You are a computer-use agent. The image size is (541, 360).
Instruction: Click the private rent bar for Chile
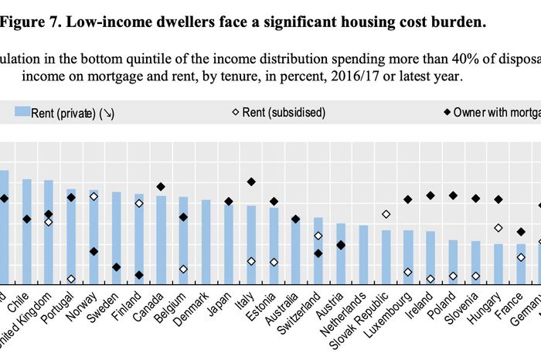[x=26, y=231]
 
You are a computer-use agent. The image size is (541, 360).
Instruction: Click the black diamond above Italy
[x=251, y=182]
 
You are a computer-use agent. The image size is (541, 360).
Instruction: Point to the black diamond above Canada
[x=161, y=187]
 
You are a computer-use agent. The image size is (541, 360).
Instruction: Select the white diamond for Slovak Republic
[x=386, y=214]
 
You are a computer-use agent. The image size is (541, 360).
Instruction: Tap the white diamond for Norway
[x=94, y=196]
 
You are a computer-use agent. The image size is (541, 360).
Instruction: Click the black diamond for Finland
[x=139, y=275]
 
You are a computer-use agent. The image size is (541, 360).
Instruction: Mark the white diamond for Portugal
[x=71, y=279]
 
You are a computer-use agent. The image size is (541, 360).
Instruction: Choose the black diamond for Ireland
[x=430, y=195]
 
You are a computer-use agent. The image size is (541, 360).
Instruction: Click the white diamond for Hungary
[x=498, y=228]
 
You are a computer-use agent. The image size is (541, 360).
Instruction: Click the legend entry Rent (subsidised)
[x=283, y=113]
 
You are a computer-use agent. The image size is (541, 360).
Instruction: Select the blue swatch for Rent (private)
[x=21, y=113]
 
